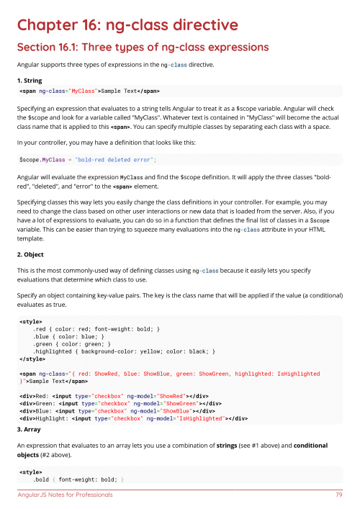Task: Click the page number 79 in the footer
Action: [338, 495]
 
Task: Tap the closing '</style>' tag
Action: [35, 359]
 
